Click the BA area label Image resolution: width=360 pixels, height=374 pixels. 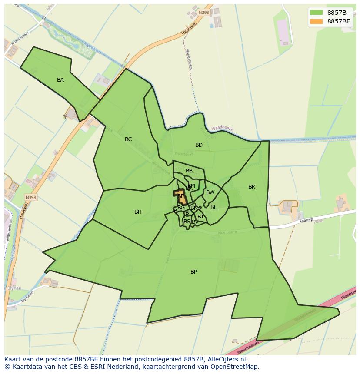[60, 80]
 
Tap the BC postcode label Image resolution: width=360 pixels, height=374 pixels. [128, 139]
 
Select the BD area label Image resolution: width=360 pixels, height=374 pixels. [199, 145]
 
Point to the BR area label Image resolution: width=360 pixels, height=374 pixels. [252, 187]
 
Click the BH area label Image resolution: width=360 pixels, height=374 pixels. [138, 212]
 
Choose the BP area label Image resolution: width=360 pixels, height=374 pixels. [193, 272]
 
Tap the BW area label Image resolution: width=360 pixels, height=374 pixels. [210, 192]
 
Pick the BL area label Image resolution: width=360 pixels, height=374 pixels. [213, 207]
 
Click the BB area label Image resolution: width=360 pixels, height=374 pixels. [189, 171]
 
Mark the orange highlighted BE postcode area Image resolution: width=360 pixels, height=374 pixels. [180, 197]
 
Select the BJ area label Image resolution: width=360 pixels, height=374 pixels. [200, 216]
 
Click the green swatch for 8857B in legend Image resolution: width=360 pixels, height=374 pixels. [317, 12]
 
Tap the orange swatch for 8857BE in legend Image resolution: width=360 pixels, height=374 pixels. [317, 21]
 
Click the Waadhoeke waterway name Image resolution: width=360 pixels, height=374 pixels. [223, 129]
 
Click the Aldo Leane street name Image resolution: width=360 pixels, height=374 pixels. [227, 232]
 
